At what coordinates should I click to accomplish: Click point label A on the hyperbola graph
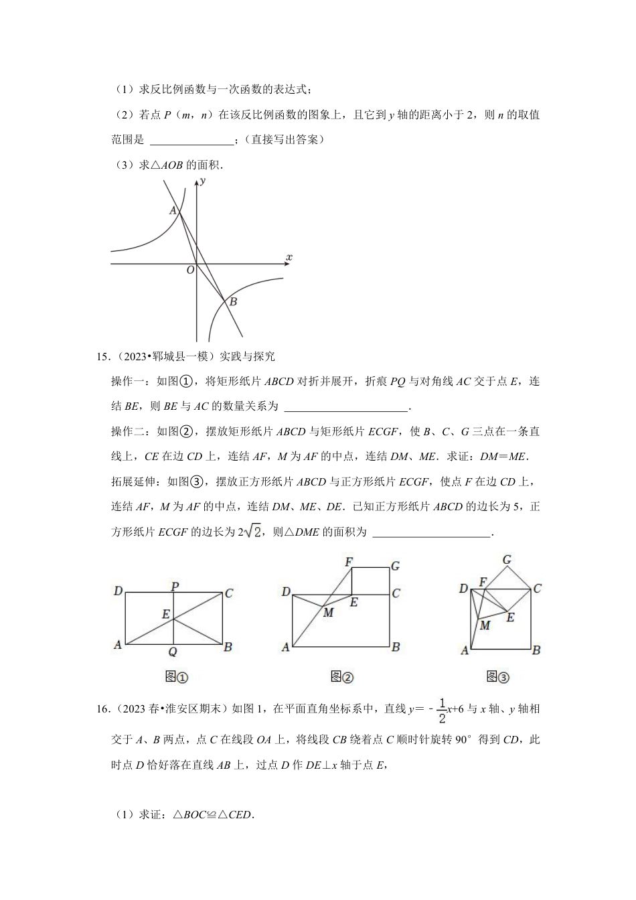pos(173,210)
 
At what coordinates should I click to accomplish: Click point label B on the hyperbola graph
pos(233,302)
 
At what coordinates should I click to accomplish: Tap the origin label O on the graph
pos(189,270)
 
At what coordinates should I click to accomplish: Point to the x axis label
pos(289,257)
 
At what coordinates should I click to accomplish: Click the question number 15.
pos(104,356)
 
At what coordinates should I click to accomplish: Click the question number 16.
pos(104,708)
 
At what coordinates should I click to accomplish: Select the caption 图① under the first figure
pos(176,677)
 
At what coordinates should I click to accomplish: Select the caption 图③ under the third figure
pos(497,677)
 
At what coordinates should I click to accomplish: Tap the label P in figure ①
pos(174,587)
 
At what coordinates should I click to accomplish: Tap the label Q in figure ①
pos(173,652)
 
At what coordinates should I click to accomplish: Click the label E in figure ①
pos(165,613)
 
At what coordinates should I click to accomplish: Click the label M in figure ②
pos(328,612)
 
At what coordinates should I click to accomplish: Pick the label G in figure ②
pos(395,566)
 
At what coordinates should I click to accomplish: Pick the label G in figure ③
pos(507,560)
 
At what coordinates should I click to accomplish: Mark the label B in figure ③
pos(536,649)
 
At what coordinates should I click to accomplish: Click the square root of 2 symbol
pos(252,532)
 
